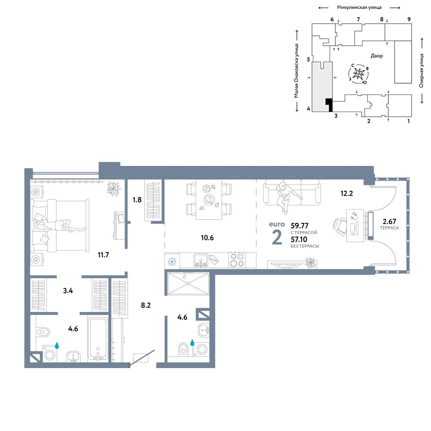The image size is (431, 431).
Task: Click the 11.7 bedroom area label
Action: pos(103,255)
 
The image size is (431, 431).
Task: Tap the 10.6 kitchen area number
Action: pos(207,237)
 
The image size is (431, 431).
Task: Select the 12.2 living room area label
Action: pos(347,193)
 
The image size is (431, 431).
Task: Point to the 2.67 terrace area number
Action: pos(389,221)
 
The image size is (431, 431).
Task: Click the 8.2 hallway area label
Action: pos(146,305)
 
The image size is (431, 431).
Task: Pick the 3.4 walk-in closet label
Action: pos(68,290)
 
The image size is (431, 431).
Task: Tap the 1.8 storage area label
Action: pos(137,200)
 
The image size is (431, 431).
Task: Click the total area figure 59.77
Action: pos(300,226)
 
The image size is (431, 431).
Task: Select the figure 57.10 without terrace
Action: pos(299,239)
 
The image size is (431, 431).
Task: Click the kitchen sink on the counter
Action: pos(201,260)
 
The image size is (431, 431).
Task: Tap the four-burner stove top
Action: pos(237,260)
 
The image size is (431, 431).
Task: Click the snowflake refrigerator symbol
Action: pos(172,262)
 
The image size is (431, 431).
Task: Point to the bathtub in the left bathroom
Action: pos(98,339)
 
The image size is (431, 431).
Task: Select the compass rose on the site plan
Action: pos(359,74)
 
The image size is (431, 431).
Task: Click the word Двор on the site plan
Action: pos(377,56)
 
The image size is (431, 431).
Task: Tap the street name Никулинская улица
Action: pos(359,7)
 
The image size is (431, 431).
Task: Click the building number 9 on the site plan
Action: pos(409,19)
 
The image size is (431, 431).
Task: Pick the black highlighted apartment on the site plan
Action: pos(329,105)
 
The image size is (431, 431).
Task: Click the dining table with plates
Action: pos(209,199)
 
